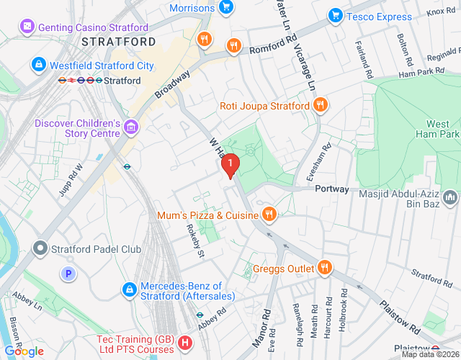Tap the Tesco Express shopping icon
(335, 15)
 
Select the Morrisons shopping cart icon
(226, 8)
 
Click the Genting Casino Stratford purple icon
(27, 27)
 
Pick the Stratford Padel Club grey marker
(40, 249)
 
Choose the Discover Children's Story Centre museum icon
(130, 127)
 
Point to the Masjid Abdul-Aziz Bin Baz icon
(451, 196)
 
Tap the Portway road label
(332, 189)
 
